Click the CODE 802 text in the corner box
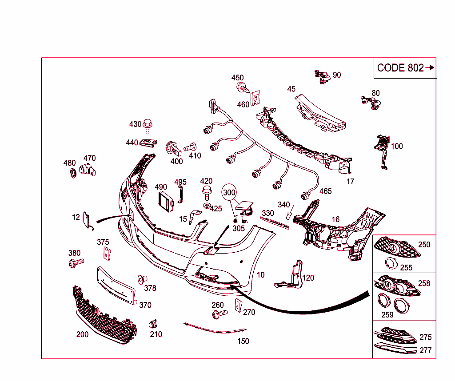[x=400, y=68]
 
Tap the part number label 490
[x=161, y=187]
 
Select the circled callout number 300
[x=229, y=192]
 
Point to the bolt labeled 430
[x=148, y=126]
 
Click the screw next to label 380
[x=76, y=263]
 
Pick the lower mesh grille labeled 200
[x=104, y=315]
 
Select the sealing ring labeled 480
[x=73, y=173]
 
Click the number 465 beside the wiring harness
[x=326, y=191]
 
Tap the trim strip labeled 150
[x=215, y=328]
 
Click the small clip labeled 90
[x=323, y=77]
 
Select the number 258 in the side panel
[x=424, y=283]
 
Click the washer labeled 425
[x=207, y=206]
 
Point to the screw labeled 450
[x=243, y=87]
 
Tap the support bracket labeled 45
[x=320, y=113]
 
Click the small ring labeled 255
[x=391, y=263]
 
